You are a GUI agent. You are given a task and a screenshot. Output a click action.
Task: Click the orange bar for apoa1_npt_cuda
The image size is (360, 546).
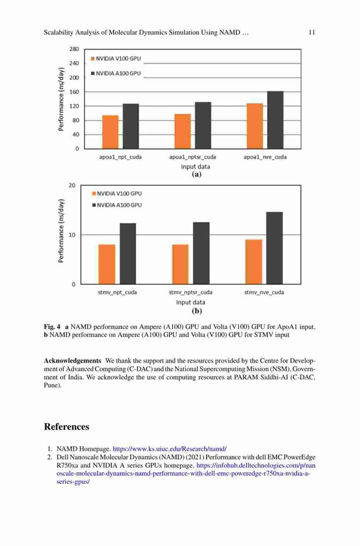[x=110, y=132]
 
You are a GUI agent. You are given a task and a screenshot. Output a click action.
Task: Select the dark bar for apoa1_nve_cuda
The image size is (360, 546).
[x=275, y=120]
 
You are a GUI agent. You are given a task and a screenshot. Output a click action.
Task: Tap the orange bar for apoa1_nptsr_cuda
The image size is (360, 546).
[x=182, y=131]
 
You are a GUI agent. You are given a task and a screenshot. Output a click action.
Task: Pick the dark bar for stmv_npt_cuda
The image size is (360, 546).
[x=128, y=253]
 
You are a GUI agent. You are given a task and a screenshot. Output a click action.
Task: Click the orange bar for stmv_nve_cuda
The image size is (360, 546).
[x=253, y=262]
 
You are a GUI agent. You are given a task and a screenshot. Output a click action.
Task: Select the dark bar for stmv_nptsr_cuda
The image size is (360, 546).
[x=202, y=253]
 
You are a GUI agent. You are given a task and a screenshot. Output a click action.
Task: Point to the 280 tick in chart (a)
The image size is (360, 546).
[x=74, y=49]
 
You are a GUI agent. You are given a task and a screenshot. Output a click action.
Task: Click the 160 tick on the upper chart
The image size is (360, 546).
[x=74, y=92]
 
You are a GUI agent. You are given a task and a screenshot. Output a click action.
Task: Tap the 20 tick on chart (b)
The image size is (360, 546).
[x=72, y=185]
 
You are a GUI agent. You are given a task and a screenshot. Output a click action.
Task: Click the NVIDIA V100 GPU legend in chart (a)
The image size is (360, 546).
[x=116, y=58]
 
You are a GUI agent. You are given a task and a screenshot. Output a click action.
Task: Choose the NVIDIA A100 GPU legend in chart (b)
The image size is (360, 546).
[x=117, y=205]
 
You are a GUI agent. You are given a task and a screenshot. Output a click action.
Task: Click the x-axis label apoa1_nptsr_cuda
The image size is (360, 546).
[x=193, y=157]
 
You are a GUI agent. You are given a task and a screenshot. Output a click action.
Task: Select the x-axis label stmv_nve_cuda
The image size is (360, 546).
[x=264, y=292]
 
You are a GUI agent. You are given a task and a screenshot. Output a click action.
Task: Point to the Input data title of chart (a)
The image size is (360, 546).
[x=196, y=167]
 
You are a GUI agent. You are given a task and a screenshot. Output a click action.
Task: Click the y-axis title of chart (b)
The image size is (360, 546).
[x=61, y=230]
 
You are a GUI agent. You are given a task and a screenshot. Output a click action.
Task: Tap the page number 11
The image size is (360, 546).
[x=312, y=32]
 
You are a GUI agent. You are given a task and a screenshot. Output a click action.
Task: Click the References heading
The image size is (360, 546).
[x=67, y=426]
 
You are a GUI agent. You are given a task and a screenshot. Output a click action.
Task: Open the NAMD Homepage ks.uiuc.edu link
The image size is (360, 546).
[x=170, y=449]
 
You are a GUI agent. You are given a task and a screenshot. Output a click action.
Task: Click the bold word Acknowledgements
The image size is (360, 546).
[x=73, y=361]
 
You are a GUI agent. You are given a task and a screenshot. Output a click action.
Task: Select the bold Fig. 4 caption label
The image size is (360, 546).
[x=52, y=327]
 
